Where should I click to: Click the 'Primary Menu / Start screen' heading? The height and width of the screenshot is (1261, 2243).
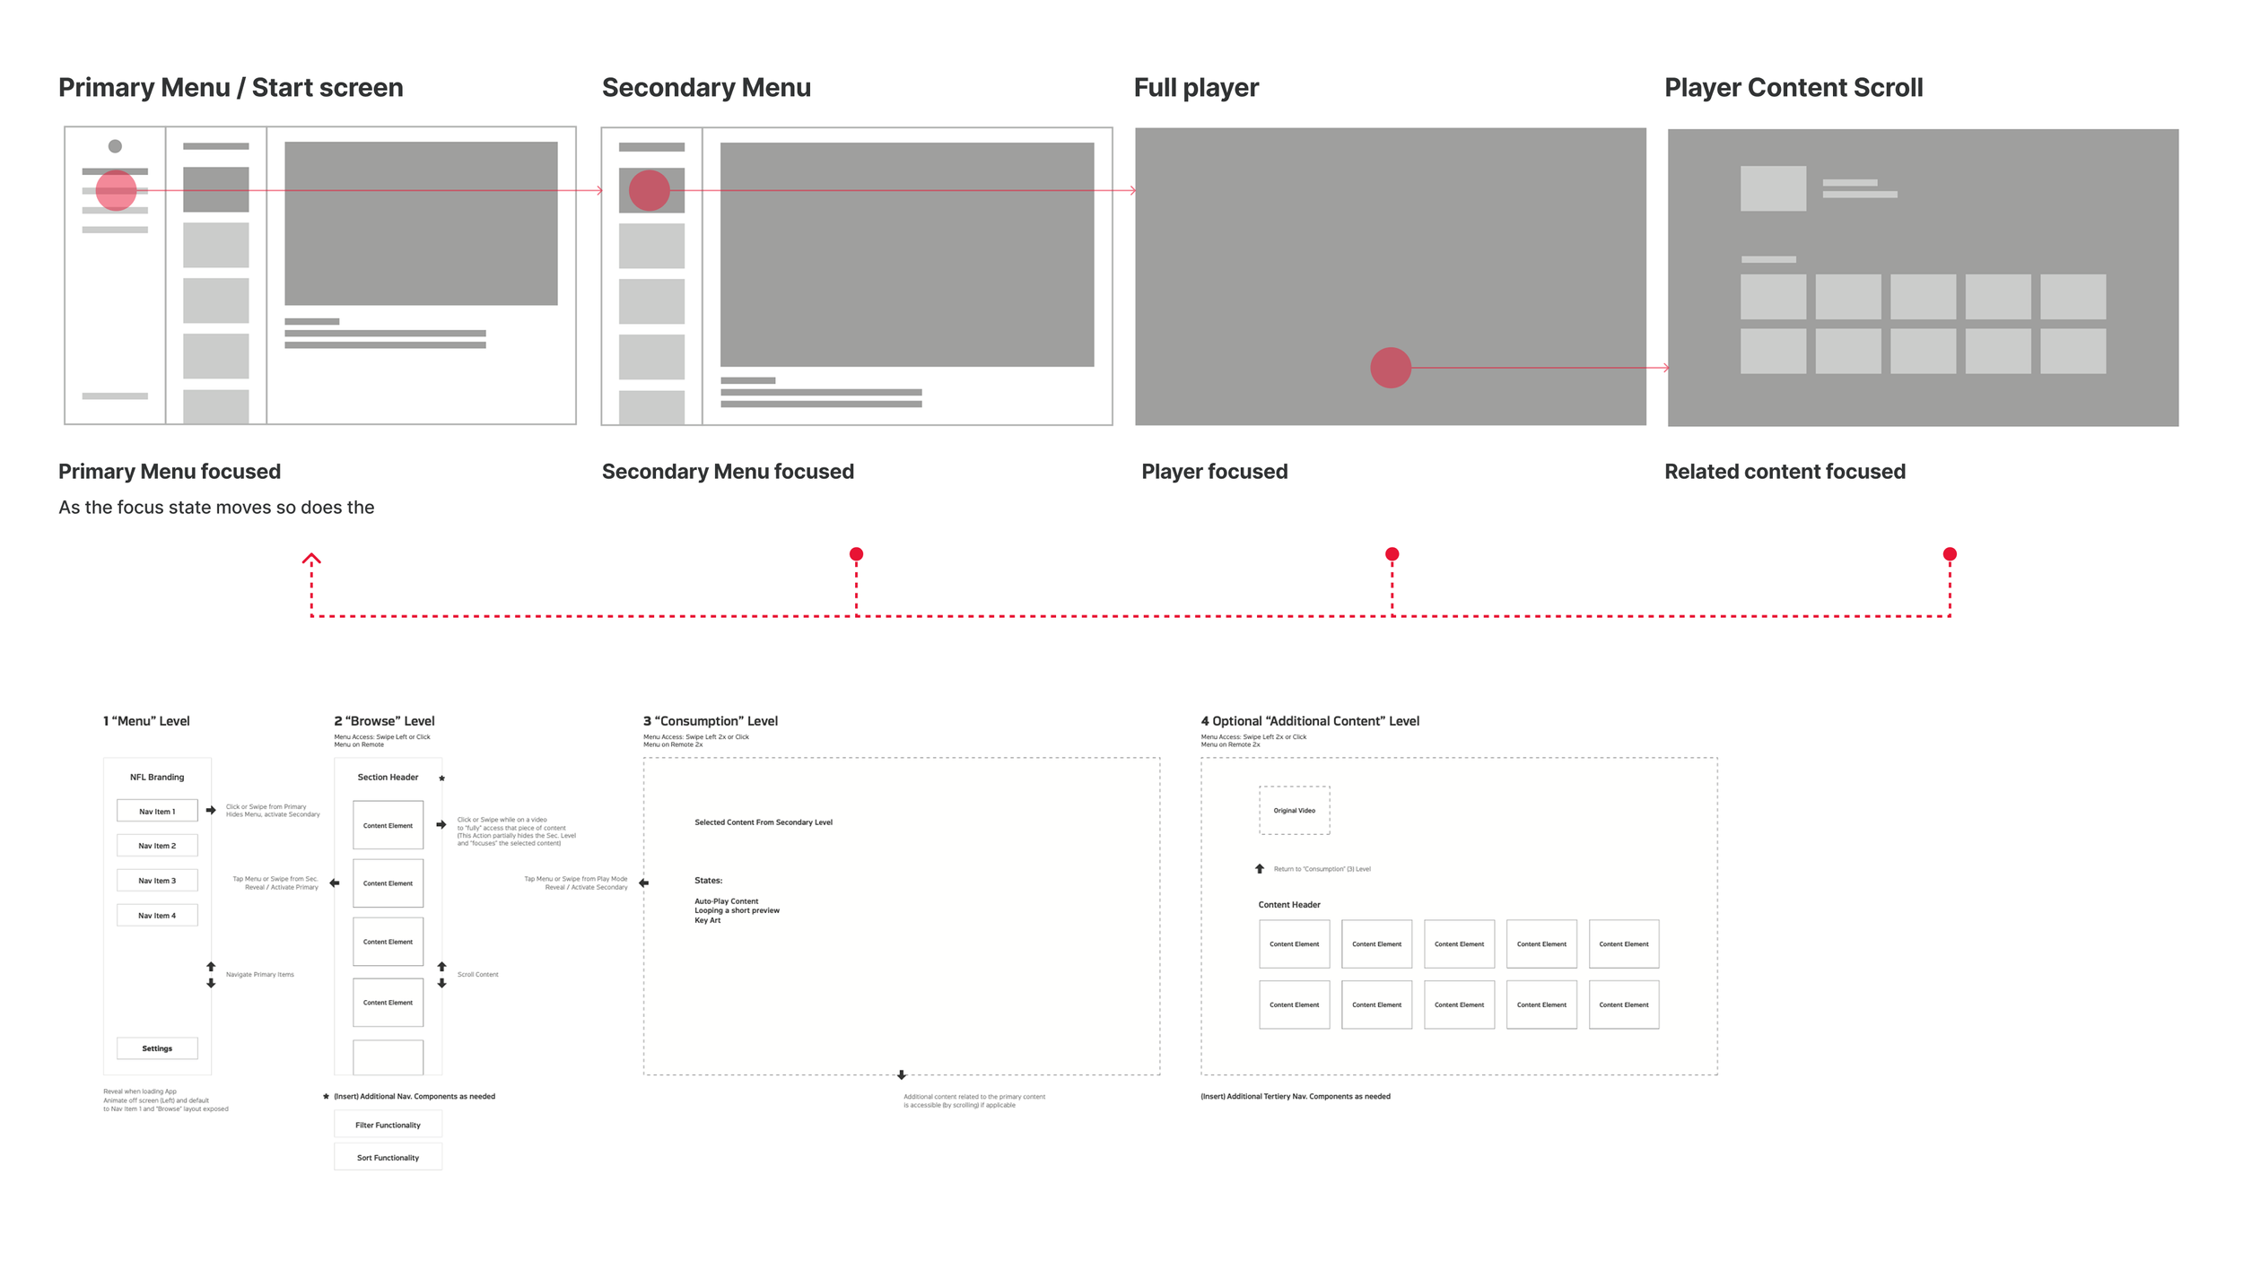coord(231,88)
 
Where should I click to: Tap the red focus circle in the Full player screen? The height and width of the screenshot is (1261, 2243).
coord(1390,368)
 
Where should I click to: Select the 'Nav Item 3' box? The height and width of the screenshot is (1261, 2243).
coord(157,881)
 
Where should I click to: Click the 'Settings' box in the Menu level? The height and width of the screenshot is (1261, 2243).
coord(157,1048)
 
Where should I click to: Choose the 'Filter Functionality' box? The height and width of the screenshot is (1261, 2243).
coord(388,1125)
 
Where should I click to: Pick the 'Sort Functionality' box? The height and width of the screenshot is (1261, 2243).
coord(388,1158)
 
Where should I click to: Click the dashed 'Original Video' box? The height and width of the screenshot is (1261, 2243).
coord(1294,811)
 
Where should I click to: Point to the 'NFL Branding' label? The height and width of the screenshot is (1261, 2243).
coord(157,778)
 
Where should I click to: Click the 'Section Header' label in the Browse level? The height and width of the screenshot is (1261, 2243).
coord(388,778)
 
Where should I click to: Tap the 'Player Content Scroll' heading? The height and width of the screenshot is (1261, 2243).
coord(1793,88)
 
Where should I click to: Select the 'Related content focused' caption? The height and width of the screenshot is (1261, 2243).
coord(1785,472)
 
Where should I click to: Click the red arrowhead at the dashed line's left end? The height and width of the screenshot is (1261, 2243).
coord(311,559)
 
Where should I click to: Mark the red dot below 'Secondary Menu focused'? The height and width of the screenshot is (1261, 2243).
coord(856,554)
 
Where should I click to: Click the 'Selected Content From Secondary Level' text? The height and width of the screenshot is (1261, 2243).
coord(763,822)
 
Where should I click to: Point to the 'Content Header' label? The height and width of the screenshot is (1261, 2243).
coord(1288,905)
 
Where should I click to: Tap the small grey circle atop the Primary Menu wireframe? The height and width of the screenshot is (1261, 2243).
coord(115,146)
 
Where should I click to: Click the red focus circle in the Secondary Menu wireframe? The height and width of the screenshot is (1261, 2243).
coord(649,190)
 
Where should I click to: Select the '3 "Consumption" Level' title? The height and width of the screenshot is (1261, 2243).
coord(710,721)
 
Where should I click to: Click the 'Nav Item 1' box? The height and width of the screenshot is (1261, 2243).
coord(157,812)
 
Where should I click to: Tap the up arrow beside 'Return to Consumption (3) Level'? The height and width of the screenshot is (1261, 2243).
coord(1259,868)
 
